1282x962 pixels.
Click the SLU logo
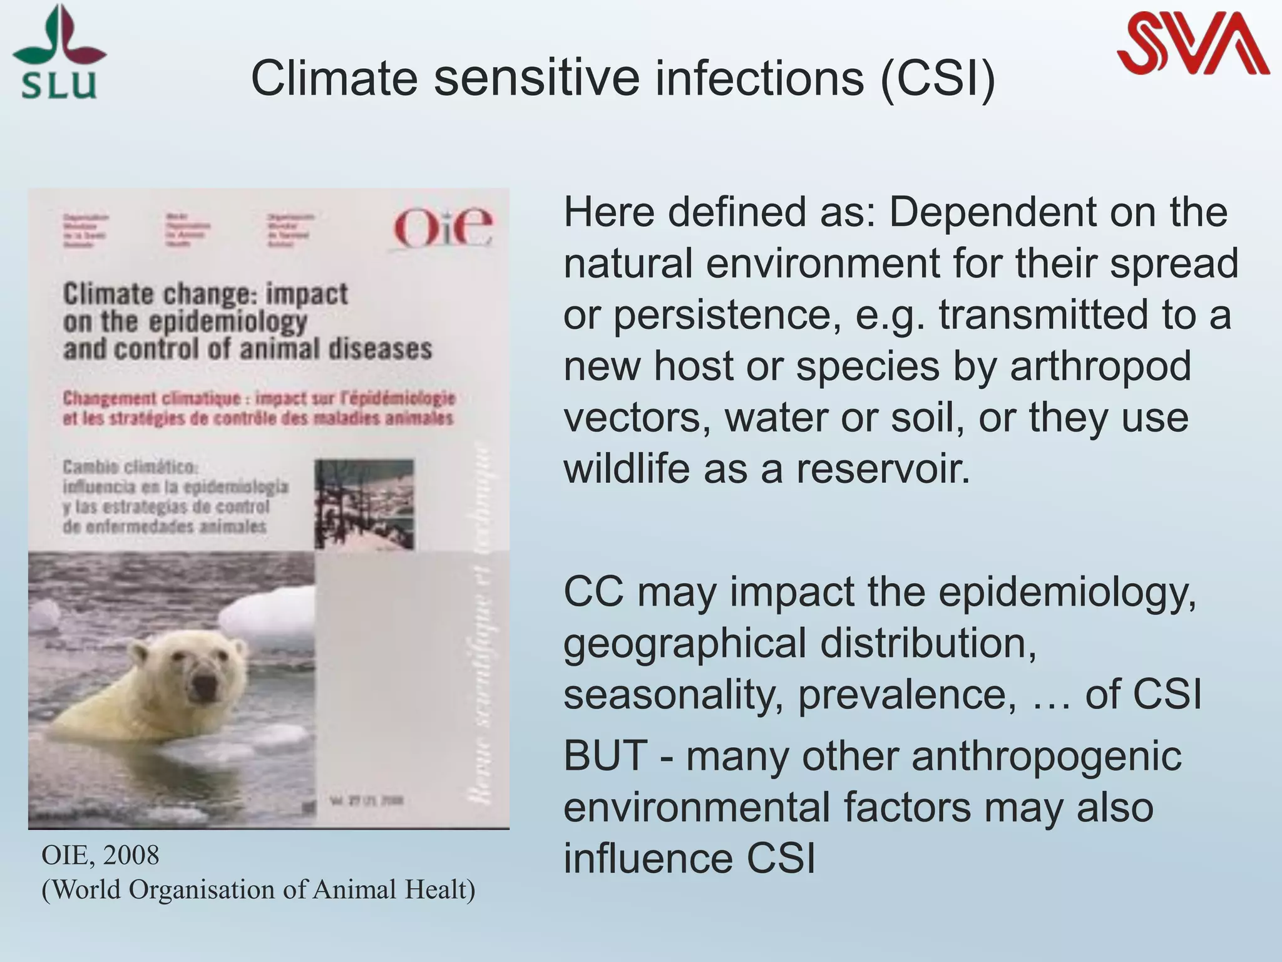[x=59, y=53]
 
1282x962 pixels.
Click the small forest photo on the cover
[x=364, y=504]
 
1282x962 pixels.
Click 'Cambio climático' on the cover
[x=130, y=467]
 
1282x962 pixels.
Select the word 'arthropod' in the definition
[x=1100, y=366]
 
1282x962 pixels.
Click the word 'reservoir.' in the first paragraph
[x=883, y=469]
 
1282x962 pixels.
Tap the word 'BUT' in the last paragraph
[x=605, y=755]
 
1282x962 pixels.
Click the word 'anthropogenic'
[x=1046, y=755]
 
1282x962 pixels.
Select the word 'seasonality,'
[x=674, y=695]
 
